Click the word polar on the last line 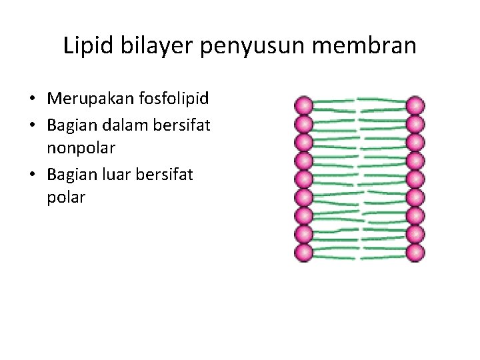(x=66, y=198)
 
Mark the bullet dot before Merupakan (x=32, y=100)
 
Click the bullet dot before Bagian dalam (x=32, y=125)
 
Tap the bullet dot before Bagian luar (x=32, y=174)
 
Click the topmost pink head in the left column (x=303, y=105)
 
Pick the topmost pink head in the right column (x=415, y=105)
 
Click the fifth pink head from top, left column (x=303, y=179)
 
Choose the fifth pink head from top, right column (x=415, y=179)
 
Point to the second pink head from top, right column (x=415, y=124)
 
